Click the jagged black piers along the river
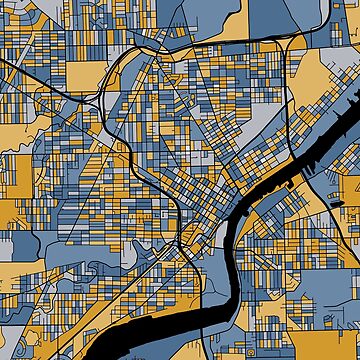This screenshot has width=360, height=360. tap(325, 150)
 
